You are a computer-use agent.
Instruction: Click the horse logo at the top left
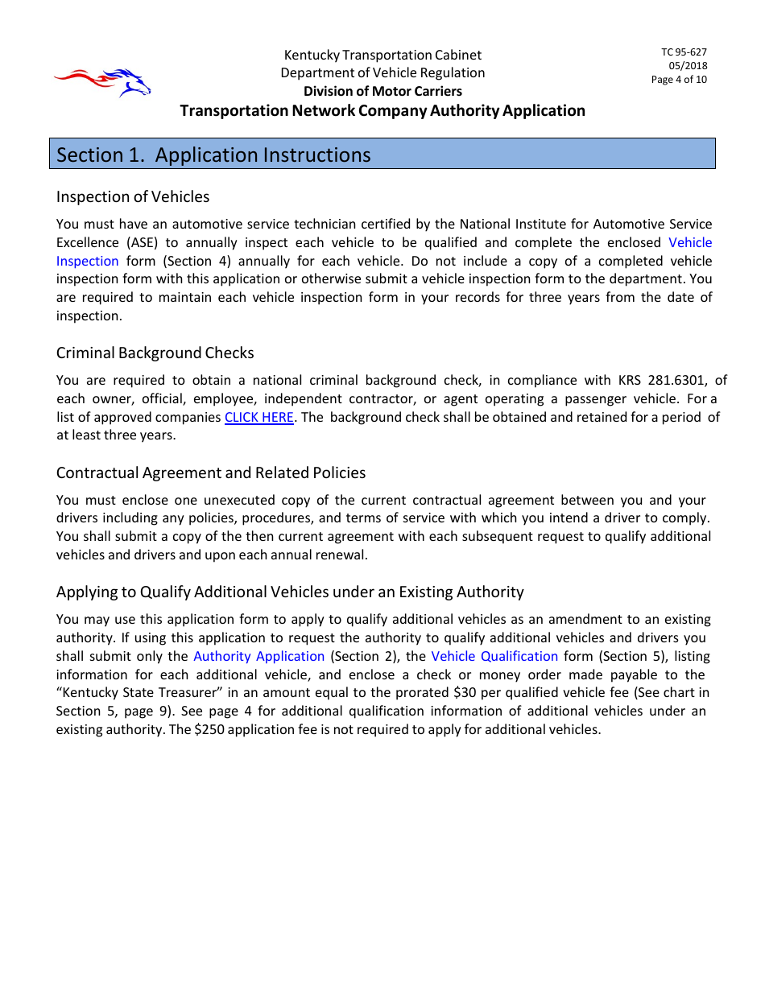103,81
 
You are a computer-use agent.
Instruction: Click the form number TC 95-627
684,52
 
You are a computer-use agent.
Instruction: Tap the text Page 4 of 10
679,80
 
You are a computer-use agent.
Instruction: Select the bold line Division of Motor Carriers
382,91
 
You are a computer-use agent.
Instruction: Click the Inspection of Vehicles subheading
133,196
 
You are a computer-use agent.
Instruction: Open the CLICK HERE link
258,417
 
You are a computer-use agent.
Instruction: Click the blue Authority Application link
258,656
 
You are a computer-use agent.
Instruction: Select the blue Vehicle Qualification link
494,656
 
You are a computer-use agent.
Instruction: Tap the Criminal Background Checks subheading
155,353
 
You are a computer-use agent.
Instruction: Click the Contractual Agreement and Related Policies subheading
211,472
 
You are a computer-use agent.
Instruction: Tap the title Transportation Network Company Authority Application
382,110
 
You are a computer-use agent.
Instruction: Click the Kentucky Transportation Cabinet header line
382,55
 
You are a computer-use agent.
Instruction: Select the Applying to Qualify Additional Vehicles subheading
290,592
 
